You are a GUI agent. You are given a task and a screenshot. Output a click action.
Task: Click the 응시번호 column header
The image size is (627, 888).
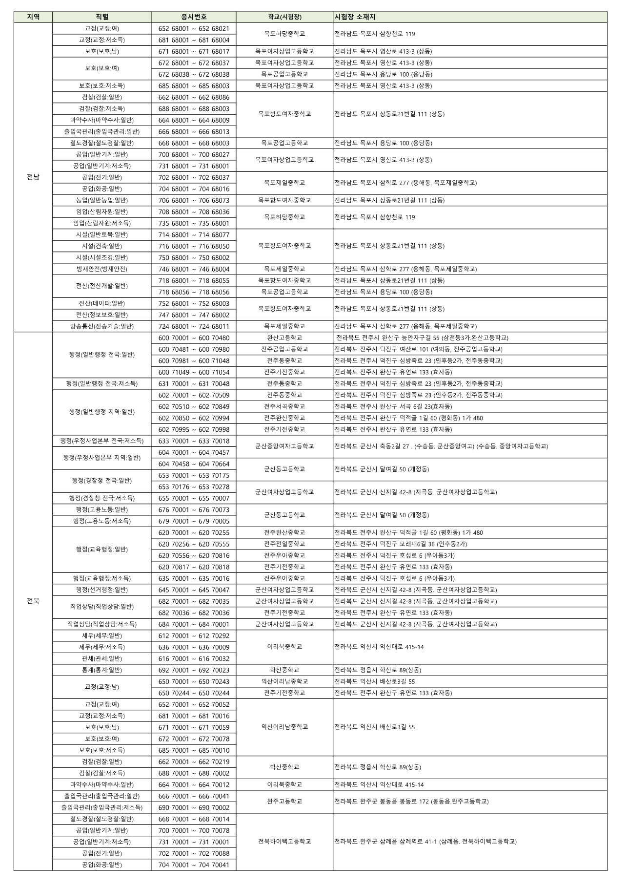(x=194, y=17)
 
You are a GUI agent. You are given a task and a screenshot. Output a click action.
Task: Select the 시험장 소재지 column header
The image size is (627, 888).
(x=355, y=17)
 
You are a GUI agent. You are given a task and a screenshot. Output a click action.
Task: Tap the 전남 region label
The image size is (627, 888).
(x=33, y=177)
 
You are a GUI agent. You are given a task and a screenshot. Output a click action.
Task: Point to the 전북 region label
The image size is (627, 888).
(x=33, y=601)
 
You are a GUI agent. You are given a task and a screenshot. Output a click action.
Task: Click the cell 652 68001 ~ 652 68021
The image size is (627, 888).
(x=194, y=29)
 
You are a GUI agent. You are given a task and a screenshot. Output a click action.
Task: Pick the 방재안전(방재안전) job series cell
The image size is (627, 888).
(x=101, y=269)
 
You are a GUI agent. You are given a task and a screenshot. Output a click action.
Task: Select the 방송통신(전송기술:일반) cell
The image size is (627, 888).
(x=101, y=326)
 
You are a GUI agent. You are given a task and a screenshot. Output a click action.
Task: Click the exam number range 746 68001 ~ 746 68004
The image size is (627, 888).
(x=194, y=269)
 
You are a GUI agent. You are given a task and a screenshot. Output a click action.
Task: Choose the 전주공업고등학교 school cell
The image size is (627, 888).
(x=284, y=349)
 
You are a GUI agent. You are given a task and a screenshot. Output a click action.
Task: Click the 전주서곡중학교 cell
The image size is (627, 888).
(x=284, y=406)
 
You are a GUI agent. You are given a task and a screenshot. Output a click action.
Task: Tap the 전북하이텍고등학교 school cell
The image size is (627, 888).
(x=284, y=842)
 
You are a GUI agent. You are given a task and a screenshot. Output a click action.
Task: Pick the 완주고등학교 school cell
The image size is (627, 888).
(x=284, y=802)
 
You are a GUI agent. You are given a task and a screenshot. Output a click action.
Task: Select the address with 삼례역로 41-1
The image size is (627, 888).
(x=425, y=842)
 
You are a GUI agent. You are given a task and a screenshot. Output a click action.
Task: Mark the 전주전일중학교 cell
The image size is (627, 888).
(x=284, y=544)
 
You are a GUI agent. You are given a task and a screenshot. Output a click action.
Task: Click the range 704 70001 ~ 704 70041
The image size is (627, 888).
(x=194, y=865)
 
